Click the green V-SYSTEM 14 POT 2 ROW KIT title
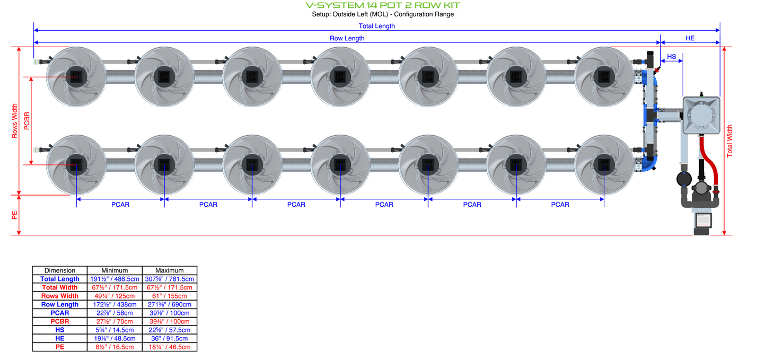[383, 5]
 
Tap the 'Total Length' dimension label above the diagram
[376, 25]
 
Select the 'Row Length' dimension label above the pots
[347, 38]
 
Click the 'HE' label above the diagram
[690, 38]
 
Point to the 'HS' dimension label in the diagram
[671, 57]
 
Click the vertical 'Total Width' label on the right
[729, 141]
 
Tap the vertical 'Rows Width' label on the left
[15, 121]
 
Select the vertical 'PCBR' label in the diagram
[27, 121]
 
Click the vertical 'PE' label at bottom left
[15, 215]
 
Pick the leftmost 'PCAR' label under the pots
[120, 204]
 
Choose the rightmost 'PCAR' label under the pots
[560, 204]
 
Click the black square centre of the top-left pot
[77, 77]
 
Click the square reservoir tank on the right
[701, 115]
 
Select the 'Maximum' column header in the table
[170, 270]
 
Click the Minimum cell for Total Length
[115, 279]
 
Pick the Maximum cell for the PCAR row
[170, 313]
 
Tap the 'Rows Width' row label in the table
[59, 296]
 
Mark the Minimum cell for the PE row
[115, 347]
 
